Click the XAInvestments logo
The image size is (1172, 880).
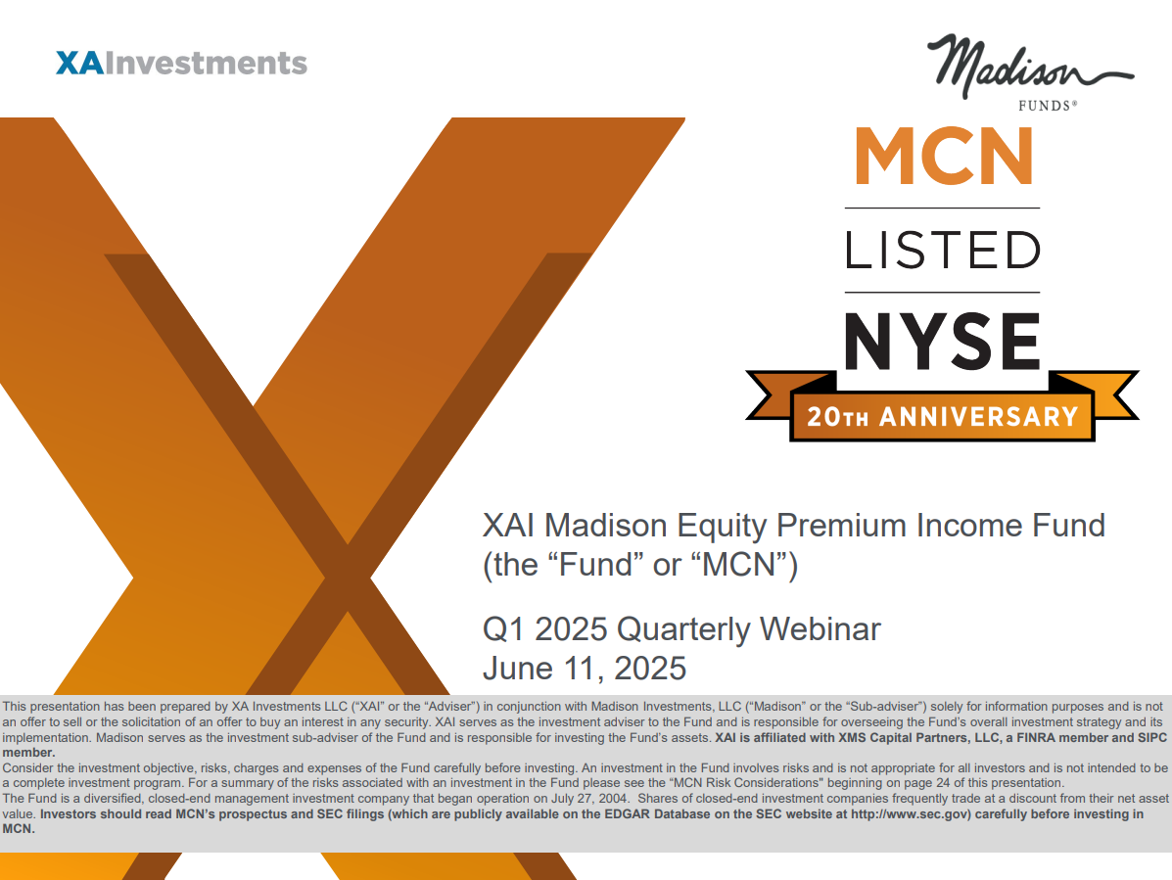[x=182, y=64]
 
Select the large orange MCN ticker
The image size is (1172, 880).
[x=944, y=157]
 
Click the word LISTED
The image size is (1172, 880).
[x=943, y=251]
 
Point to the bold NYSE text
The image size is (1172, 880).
[x=943, y=342]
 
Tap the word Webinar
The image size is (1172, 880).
[x=820, y=629]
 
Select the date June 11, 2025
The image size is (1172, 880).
[x=585, y=669]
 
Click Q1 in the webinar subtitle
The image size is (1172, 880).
[x=504, y=629]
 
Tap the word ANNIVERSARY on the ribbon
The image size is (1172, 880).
[x=979, y=417]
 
